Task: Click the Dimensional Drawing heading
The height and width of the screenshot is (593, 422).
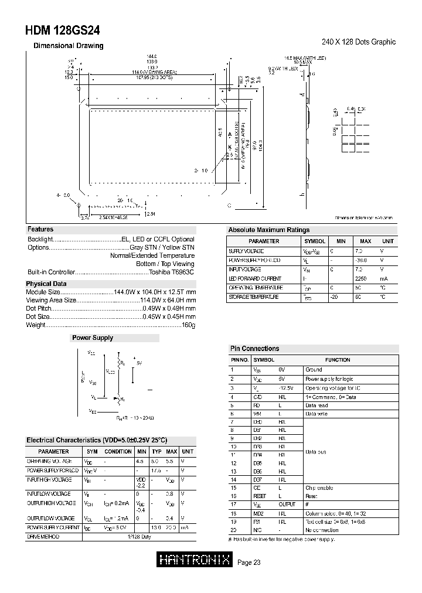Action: click(68, 46)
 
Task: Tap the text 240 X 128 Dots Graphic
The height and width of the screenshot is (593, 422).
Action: click(359, 42)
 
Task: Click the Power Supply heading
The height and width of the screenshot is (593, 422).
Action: click(92, 338)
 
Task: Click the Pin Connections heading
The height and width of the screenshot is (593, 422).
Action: click(254, 349)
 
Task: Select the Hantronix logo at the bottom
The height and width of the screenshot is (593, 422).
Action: click(195, 561)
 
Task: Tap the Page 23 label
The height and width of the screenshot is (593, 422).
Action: click(249, 563)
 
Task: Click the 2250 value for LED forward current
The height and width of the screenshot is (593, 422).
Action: click(360, 279)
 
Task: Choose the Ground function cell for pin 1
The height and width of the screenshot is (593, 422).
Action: click(314, 370)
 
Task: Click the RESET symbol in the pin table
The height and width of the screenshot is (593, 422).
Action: click(260, 496)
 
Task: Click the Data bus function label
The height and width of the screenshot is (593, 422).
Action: click(316, 452)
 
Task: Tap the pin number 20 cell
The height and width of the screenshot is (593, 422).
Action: click(233, 530)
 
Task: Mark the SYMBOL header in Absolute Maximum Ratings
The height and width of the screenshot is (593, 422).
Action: click(314, 241)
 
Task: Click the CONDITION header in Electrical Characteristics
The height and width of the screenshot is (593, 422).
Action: click(118, 452)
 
